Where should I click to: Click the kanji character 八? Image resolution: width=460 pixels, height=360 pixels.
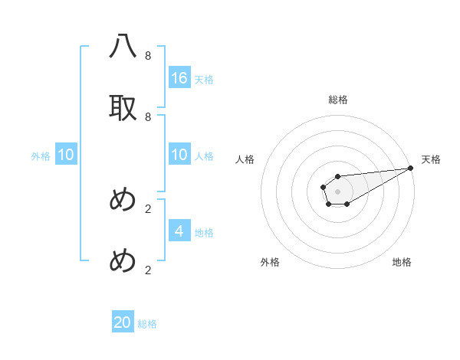pos(123,47)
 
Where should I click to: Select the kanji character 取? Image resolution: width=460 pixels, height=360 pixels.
pos(123,108)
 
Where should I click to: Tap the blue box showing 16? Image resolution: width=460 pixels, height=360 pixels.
pos(179,78)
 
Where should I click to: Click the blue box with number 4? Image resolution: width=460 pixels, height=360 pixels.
pos(179,231)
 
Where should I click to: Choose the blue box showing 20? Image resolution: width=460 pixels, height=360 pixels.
pos(123,322)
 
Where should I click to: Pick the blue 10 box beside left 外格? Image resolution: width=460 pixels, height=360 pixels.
pos(66,155)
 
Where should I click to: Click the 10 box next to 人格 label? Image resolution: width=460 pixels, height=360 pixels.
pos(179,155)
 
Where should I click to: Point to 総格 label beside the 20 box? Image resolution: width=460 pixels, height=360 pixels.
pos(147,324)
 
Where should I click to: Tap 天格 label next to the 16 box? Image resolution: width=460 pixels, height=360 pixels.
pos(204,80)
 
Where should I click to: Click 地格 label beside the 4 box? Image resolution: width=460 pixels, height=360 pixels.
pos(204,233)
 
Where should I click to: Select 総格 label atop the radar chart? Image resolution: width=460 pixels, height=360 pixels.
pos(337,100)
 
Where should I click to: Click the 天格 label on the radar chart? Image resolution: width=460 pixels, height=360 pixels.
pos(431,159)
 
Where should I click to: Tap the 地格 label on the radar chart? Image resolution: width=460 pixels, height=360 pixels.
pos(402,262)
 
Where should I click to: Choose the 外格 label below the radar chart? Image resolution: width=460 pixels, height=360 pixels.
pos(270,262)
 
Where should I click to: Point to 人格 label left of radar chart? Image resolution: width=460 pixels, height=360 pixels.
pos(245,159)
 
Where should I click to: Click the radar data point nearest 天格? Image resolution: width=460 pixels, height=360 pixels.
pos(410,169)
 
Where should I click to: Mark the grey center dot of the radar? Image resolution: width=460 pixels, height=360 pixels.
pos(337,190)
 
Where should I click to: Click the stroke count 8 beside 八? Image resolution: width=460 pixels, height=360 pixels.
pos(148,56)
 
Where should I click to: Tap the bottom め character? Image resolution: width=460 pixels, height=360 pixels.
pos(123,261)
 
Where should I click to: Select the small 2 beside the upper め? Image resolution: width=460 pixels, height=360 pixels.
pos(148,208)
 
